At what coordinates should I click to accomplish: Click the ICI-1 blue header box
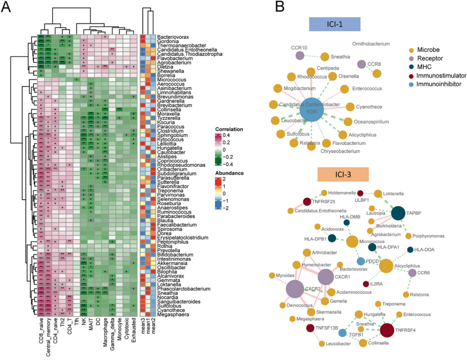tap(335, 24)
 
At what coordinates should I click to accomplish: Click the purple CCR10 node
tap(300, 55)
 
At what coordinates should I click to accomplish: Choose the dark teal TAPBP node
tap(398, 212)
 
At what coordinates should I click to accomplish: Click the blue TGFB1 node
tap(342, 333)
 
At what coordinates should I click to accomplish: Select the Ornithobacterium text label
tap(371, 44)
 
